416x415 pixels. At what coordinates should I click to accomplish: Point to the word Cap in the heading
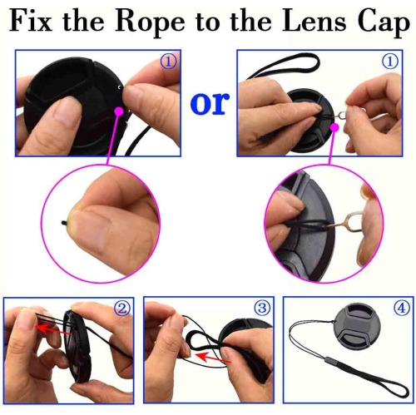coord(379,22)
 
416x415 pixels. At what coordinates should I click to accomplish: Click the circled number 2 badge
coord(121,309)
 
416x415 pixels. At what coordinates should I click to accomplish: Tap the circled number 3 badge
coord(261,309)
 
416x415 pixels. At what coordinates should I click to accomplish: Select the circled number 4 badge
coord(401,309)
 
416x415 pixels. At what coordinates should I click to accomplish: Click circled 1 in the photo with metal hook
coord(389,62)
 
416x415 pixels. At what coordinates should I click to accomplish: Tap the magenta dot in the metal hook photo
coord(334,127)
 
